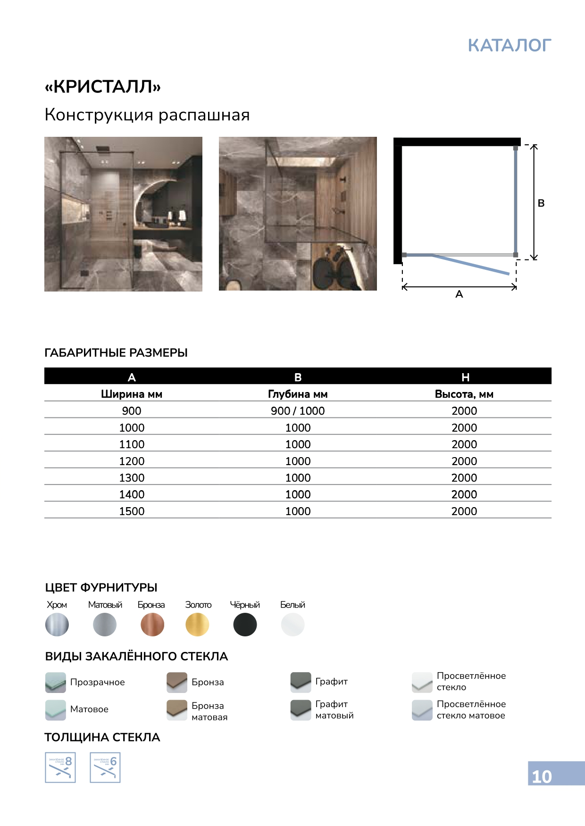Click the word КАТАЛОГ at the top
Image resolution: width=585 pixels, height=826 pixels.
pos(509,45)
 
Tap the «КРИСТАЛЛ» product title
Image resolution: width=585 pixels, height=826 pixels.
pos(103,87)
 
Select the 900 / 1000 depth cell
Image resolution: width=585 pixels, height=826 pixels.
pos(298,411)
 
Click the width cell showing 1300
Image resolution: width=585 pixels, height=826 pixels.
pos(132,478)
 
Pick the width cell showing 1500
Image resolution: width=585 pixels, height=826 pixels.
pos(132,511)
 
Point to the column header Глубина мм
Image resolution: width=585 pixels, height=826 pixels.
pos(298,394)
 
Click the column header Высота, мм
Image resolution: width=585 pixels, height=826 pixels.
pos(464,394)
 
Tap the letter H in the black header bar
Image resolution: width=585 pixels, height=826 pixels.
pos(465,377)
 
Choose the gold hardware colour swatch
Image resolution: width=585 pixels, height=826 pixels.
pos(197,625)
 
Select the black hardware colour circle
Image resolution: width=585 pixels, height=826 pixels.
pos(245,625)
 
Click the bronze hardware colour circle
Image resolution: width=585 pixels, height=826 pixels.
pos(152,625)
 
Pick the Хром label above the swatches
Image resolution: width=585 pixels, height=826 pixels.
pos(57,605)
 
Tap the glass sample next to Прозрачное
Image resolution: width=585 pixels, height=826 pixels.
pos(56,682)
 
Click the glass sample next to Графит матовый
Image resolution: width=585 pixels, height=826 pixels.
pos(301,709)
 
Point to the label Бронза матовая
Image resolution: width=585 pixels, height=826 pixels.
pos(209,711)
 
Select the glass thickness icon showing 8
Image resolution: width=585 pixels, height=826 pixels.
pos(60,768)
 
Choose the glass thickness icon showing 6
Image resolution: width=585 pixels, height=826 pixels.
pos(105,768)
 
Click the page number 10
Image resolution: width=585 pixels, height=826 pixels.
pos(542,776)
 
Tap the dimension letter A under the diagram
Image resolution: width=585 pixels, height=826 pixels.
pos(459,294)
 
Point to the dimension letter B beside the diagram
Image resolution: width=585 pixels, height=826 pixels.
pos(541,203)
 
